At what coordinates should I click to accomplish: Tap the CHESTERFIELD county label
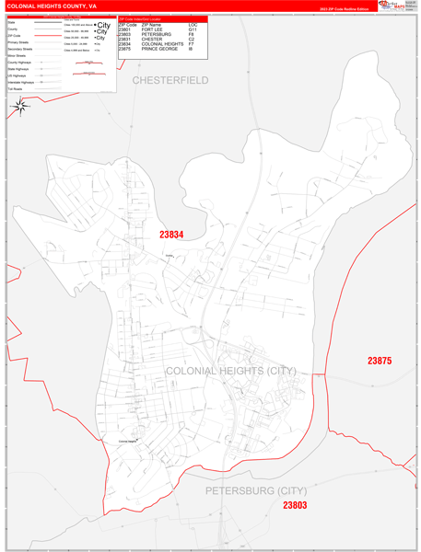tap(170, 81)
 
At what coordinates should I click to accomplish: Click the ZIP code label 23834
tap(171, 235)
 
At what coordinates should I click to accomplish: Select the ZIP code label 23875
tap(380, 361)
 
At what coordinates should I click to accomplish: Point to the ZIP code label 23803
tap(295, 505)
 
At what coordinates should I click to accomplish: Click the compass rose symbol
tap(20, 106)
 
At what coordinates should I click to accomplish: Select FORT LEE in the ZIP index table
tap(154, 30)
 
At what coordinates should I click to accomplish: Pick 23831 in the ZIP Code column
tap(125, 40)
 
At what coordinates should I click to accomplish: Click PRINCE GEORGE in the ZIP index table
tap(161, 49)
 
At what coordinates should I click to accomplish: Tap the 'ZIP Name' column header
tap(153, 25)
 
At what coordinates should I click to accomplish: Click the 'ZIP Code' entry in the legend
tap(14, 35)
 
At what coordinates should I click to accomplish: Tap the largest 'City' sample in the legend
tap(103, 25)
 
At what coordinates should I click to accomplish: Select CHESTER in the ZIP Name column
tap(152, 40)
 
